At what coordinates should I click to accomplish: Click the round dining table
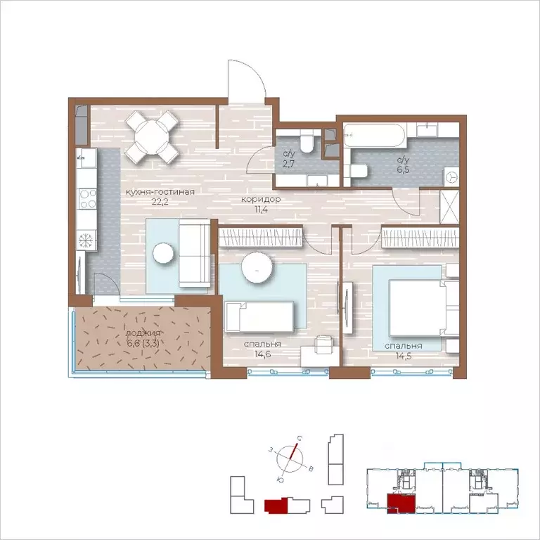pyautogui.click(x=152, y=137)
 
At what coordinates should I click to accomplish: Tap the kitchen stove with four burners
pyautogui.click(x=87, y=199)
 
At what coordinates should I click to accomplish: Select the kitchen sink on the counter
pyautogui.click(x=86, y=158)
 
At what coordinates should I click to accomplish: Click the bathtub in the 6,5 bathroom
pyautogui.click(x=375, y=136)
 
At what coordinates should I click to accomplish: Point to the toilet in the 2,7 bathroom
pyautogui.click(x=306, y=143)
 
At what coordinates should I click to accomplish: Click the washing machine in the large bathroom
pyautogui.click(x=451, y=177)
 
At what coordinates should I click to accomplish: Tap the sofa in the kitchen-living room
pyautogui.click(x=195, y=253)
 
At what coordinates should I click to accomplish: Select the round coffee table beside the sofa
pyautogui.click(x=163, y=253)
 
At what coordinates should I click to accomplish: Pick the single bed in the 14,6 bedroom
pyautogui.click(x=259, y=317)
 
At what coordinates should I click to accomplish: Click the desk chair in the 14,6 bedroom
pyautogui.click(x=324, y=345)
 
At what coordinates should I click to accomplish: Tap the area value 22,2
pyautogui.click(x=160, y=202)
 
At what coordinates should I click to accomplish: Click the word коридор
pyautogui.click(x=261, y=199)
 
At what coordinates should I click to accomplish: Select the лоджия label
pyautogui.click(x=143, y=333)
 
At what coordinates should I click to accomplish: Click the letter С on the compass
pyautogui.click(x=300, y=439)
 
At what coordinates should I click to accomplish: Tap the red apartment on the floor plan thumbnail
pyautogui.click(x=401, y=503)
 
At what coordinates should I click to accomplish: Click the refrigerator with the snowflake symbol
pyautogui.click(x=86, y=240)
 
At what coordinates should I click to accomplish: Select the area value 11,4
pyautogui.click(x=261, y=209)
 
